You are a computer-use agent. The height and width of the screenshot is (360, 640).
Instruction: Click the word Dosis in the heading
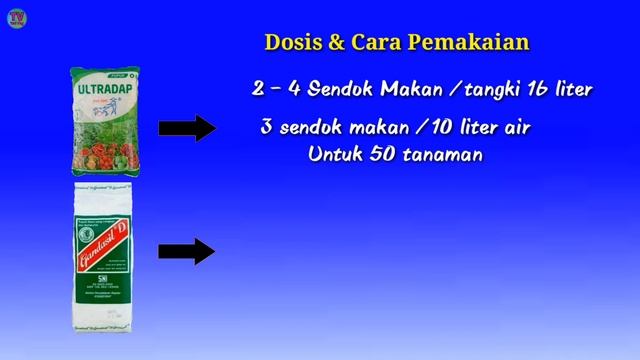(290, 43)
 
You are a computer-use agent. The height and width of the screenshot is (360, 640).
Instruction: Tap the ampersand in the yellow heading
(335, 43)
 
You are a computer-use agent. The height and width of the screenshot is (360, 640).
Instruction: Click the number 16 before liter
(536, 89)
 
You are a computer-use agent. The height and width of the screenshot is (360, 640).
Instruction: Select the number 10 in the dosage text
(425, 129)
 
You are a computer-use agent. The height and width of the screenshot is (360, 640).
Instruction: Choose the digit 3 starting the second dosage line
(265, 129)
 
